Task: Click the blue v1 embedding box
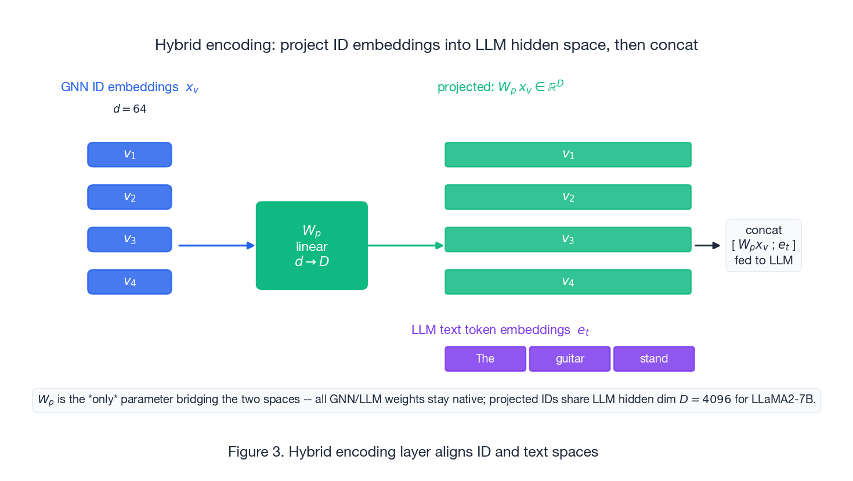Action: click(129, 155)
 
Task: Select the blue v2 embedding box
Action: click(129, 197)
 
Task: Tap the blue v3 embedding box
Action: click(129, 239)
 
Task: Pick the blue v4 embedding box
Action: click(129, 282)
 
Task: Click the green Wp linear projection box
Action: click(312, 245)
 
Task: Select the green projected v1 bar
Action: click(568, 155)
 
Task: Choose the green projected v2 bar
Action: click(568, 197)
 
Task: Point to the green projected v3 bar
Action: click(568, 239)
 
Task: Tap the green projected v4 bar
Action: click(568, 282)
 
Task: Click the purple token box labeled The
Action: click(485, 358)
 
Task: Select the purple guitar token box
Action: click(570, 358)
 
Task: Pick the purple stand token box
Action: click(654, 358)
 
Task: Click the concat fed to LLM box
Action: click(764, 245)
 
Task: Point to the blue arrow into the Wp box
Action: click(216, 245)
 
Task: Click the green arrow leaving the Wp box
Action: click(406, 245)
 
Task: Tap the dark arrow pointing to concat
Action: click(707, 245)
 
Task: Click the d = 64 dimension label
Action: click(130, 109)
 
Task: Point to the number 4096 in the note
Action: click(717, 400)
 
